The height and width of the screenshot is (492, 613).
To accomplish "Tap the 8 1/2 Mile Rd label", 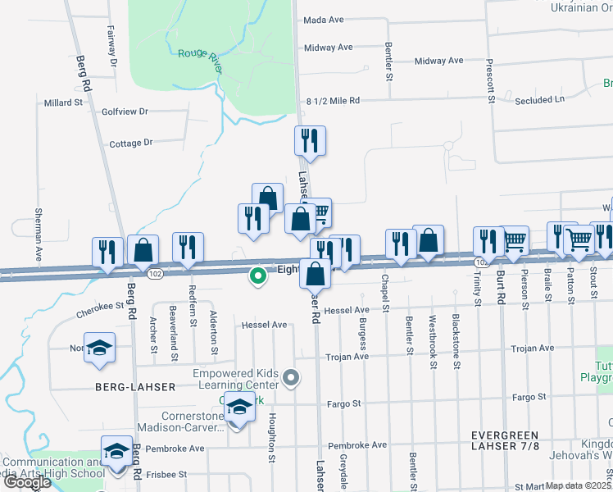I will pyautogui.click(x=333, y=101).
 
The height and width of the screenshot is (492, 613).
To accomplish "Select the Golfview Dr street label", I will pyautogui.click(x=125, y=111).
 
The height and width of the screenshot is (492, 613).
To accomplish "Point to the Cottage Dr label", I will pyautogui.click(x=131, y=143).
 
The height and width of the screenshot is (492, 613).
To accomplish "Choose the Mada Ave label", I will pyautogui.click(x=323, y=20).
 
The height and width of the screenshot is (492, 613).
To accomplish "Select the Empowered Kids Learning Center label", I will pyautogui.click(x=235, y=379).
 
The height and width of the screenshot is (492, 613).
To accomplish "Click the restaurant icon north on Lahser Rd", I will pyautogui.click(x=310, y=141).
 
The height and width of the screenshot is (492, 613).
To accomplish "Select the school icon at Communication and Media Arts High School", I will pyautogui.click(x=116, y=452).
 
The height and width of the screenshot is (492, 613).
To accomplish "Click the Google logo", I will pyautogui.click(x=27, y=481).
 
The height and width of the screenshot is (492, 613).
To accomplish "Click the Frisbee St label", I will pyautogui.click(x=166, y=474).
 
